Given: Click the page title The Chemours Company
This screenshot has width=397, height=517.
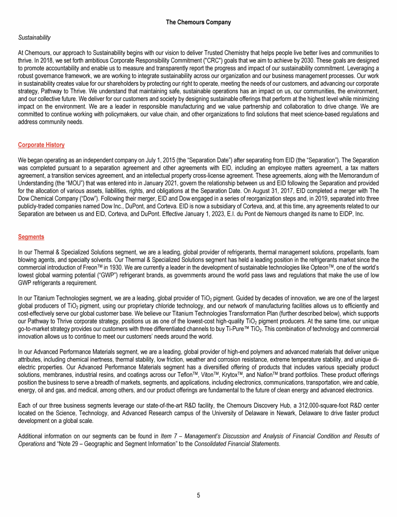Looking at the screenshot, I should point(198,22).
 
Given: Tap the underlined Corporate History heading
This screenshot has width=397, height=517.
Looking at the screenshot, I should point(41,145).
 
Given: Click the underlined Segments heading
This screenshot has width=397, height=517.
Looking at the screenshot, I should point(30,237).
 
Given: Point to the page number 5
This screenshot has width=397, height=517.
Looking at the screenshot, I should point(198,495).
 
